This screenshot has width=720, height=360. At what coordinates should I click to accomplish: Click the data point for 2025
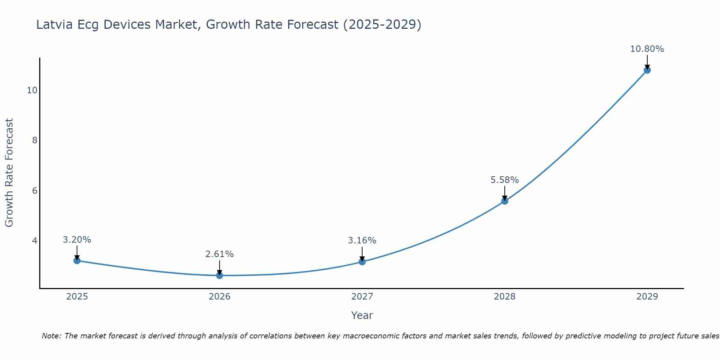click(x=77, y=260)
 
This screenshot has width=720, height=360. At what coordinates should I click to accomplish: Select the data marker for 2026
click(x=220, y=275)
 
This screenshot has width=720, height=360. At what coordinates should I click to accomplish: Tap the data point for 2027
click(x=362, y=262)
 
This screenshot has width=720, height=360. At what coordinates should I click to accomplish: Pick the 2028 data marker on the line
click(x=505, y=201)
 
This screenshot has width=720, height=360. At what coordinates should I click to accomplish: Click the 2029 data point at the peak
click(x=647, y=70)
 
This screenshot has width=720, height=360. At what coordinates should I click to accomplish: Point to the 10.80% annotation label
click(x=647, y=49)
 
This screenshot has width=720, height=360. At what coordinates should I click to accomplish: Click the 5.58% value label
click(x=504, y=180)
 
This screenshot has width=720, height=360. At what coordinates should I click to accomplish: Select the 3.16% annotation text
click(x=362, y=240)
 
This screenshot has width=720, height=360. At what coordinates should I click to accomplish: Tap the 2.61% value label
click(x=219, y=254)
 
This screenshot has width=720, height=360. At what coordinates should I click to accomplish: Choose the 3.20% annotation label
click(x=77, y=240)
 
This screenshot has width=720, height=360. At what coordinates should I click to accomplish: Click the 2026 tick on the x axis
click(x=220, y=297)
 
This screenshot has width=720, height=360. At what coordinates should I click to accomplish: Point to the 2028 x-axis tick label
click(x=505, y=297)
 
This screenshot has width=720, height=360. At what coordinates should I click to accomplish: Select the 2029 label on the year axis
click(x=647, y=297)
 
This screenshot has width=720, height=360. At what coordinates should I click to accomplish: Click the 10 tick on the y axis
click(x=32, y=90)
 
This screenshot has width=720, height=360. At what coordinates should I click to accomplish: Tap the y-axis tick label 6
click(x=35, y=190)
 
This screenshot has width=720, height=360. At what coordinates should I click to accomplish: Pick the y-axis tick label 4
click(x=35, y=240)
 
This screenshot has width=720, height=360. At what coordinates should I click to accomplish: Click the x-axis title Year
click(x=362, y=315)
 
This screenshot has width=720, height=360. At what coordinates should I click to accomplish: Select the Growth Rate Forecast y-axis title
click(x=9, y=173)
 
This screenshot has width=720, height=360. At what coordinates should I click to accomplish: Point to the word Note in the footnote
click(x=51, y=336)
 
